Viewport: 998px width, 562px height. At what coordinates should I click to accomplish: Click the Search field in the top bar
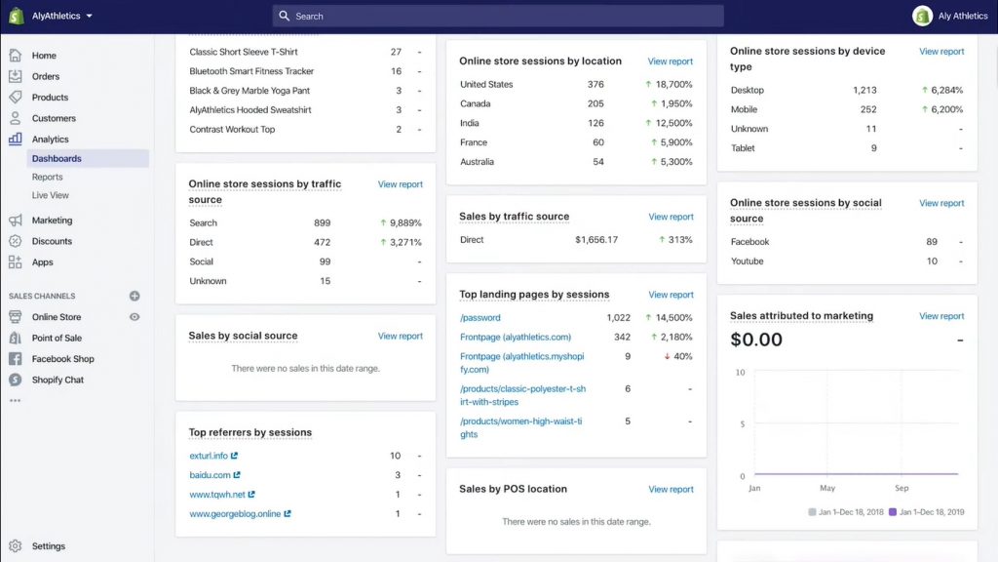coord(497,17)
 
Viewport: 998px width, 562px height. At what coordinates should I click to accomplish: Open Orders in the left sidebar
coord(45,76)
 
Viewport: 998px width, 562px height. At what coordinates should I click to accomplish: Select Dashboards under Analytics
coord(57,158)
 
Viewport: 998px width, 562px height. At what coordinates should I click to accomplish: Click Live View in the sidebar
coord(51,195)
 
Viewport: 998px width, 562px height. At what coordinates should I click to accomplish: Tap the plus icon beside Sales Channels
coord(134,296)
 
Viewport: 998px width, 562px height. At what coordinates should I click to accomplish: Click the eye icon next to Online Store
coord(134,317)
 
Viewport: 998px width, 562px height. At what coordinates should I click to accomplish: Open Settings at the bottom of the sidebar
coord(48,546)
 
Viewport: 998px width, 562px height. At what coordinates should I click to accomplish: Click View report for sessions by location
coord(671,61)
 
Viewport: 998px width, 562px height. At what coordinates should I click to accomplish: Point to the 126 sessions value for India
coord(595,123)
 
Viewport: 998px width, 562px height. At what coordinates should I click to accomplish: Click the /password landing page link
coord(480,318)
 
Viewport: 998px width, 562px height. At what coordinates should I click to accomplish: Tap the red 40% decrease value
coord(678,357)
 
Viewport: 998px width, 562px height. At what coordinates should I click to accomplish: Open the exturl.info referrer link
coord(209,456)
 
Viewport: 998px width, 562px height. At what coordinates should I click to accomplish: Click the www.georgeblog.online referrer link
coord(235,513)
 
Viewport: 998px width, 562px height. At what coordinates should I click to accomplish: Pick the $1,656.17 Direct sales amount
coord(596,240)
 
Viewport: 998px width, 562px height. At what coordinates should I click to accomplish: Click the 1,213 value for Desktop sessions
coord(864,91)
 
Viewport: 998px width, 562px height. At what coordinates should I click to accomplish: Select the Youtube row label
coord(748,261)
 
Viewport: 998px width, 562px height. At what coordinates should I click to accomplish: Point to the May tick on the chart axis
coord(827,488)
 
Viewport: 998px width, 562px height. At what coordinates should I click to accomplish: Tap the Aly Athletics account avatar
coord(922,17)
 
